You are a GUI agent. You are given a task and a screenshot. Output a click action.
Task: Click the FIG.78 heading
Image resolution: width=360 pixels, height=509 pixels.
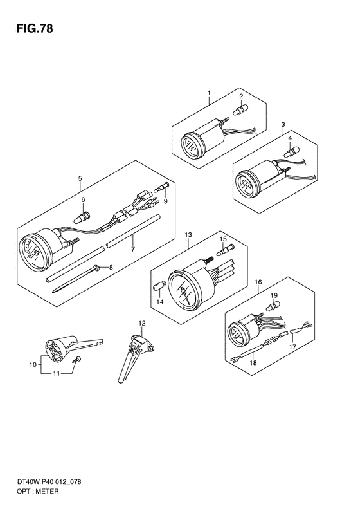(x=35, y=29)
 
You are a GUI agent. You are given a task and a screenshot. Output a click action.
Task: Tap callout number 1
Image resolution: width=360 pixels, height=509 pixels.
(x=209, y=93)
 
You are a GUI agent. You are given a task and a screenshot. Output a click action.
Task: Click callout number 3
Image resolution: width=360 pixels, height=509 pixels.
(x=283, y=124)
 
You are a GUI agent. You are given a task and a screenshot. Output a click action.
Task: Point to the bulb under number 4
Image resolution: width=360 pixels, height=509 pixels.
(x=292, y=151)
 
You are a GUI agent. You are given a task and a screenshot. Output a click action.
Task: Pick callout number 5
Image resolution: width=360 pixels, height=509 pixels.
(x=80, y=178)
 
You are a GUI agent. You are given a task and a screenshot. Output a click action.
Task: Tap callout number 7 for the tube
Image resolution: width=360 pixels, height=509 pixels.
(x=132, y=249)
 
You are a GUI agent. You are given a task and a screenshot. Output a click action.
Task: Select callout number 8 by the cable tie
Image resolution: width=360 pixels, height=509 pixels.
(x=111, y=268)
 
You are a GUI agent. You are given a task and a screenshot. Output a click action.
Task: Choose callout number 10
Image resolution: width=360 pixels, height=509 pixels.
(x=33, y=365)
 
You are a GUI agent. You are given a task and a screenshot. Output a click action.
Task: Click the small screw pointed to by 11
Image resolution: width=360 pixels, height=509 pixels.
(x=78, y=359)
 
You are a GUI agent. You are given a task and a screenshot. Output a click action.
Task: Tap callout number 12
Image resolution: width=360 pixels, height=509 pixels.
(x=142, y=323)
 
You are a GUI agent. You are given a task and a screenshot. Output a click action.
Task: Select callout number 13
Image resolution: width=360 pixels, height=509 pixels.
(x=188, y=235)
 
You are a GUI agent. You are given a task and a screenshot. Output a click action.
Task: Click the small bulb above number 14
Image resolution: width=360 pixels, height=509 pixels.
(x=159, y=287)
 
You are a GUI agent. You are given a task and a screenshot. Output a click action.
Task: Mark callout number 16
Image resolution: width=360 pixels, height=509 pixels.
(x=258, y=282)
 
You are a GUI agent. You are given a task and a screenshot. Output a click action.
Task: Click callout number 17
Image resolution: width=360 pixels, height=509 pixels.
(x=292, y=347)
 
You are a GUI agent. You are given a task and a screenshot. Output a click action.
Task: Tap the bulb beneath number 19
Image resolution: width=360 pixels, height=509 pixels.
(x=273, y=306)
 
